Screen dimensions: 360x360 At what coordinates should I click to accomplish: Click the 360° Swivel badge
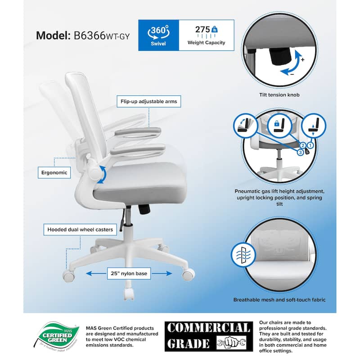(x=158, y=35)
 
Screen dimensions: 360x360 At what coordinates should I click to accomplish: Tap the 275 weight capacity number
(x=202, y=30)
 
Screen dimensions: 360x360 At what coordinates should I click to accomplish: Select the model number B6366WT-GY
(x=102, y=36)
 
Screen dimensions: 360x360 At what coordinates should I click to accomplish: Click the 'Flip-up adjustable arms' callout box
(x=149, y=102)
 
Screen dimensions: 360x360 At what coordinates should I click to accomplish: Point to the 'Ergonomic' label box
(x=54, y=173)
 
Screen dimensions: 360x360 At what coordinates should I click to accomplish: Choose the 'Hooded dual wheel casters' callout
(x=80, y=229)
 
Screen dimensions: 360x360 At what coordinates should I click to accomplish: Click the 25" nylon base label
(x=129, y=274)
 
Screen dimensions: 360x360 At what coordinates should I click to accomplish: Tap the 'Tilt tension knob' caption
(x=279, y=95)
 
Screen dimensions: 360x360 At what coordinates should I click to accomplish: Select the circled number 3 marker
(x=300, y=152)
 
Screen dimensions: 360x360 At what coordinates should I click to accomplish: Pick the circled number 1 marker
(x=310, y=145)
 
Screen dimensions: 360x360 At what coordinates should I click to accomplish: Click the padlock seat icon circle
(x=279, y=126)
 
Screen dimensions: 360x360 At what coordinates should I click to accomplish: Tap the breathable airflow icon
(x=243, y=255)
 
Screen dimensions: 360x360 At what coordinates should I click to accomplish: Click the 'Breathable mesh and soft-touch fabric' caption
(x=279, y=300)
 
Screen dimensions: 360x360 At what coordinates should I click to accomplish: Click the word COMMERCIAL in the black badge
(x=208, y=328)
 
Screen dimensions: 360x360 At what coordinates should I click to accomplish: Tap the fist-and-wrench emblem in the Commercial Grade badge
(x=231, y=343)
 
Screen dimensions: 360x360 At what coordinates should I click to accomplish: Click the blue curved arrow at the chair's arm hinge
(x=102, y=175)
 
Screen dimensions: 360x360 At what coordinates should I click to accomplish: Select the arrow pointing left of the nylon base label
(x=96, y=274)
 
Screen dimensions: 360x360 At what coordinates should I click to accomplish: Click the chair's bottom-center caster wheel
(x=129, y=293)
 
